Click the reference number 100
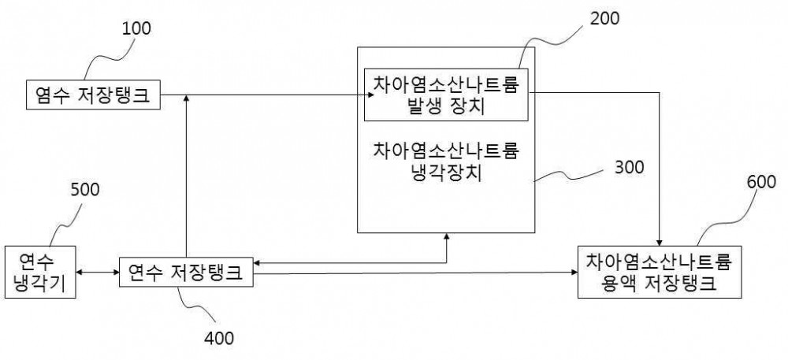(x=136, y=28)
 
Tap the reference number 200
(x=605, y=18)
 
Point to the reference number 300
(x=629, y=167)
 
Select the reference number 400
(x=219, y=338)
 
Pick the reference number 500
(x=85, y=190)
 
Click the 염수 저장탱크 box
(x=94, y=95)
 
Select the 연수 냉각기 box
(x=40, y=272)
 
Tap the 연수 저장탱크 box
(x=186, y=272)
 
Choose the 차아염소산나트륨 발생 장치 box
(x=446, y=95)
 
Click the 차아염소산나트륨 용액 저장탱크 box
(x=660, y=272)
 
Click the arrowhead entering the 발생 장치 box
(x=370, y=95)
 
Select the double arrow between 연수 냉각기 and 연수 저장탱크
(x=98, y=273)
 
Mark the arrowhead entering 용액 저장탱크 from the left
(x=574, y=273)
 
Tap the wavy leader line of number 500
(x=61, y=223)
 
